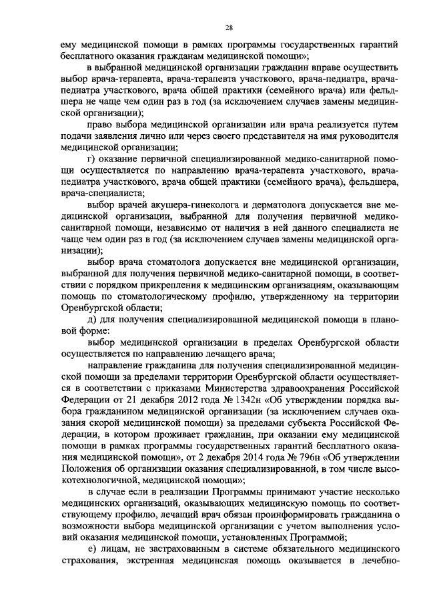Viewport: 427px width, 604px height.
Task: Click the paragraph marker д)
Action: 92,321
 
